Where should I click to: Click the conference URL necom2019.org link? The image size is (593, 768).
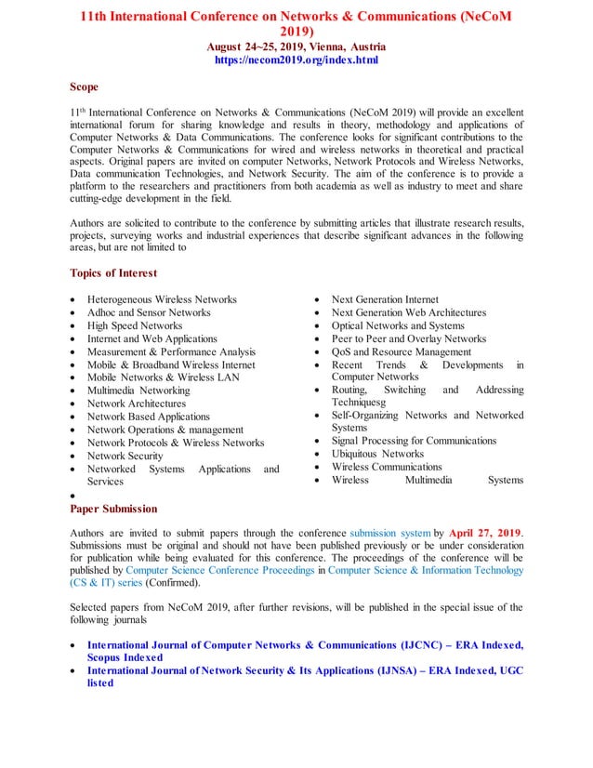(x=296, y=60)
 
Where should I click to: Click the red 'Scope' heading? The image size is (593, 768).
(x=84, y=87)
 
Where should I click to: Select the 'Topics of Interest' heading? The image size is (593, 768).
(x=113, y=273)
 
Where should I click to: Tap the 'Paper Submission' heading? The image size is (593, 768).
(x=113, y=509)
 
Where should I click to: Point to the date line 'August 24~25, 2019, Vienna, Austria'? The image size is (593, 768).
(x=296, y=46)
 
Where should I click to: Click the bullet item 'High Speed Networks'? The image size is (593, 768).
(x=135, y=326)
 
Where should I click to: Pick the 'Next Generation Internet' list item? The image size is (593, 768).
(x=385, y=299)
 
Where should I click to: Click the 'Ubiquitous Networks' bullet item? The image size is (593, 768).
(x=377, y=454)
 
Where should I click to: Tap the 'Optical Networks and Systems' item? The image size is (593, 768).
(x=398, y=326)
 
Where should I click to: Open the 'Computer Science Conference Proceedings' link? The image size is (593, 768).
(x=219, y=570)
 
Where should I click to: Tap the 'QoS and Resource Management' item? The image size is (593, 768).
(x=402, y=352)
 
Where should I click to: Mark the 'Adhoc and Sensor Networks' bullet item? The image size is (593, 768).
(x=149, y=313)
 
